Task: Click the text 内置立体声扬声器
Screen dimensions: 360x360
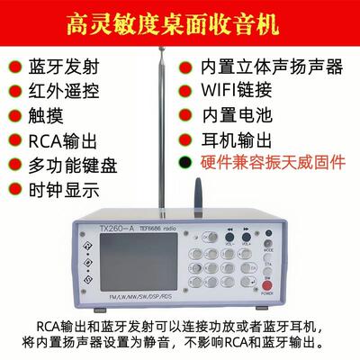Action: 274,67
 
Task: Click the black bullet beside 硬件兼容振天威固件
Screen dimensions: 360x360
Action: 185,164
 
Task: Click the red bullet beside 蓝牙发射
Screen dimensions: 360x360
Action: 15,67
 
